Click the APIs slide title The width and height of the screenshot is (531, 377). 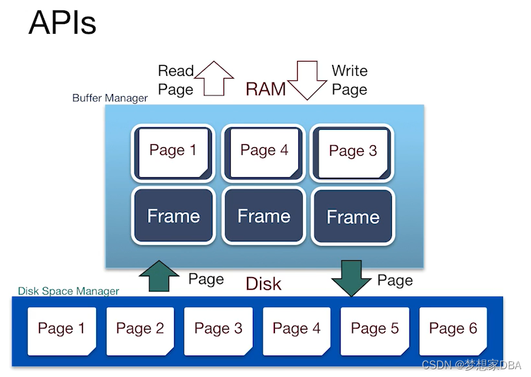62,23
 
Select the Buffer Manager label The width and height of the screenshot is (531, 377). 110,98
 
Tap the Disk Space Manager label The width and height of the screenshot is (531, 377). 68,291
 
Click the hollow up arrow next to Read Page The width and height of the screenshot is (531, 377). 214,79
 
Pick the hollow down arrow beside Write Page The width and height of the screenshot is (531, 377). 307,80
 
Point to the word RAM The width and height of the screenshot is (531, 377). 265,90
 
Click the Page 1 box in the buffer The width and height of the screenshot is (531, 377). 173,152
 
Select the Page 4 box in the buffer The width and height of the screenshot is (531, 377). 263,152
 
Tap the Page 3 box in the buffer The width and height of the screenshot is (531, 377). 352,153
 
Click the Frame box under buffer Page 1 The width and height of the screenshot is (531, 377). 173,215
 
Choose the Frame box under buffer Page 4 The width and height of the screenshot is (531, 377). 263,215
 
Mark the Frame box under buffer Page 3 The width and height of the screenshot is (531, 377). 353,216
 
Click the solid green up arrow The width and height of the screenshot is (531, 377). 159,276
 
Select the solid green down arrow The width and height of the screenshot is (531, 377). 351,278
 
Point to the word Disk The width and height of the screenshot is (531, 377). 263,284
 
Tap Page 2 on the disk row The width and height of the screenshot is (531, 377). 140,331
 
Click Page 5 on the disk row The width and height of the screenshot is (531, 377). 375,331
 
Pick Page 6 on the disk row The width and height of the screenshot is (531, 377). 453,331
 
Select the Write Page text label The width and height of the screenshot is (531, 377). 350,80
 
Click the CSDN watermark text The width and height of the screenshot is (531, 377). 471,365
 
